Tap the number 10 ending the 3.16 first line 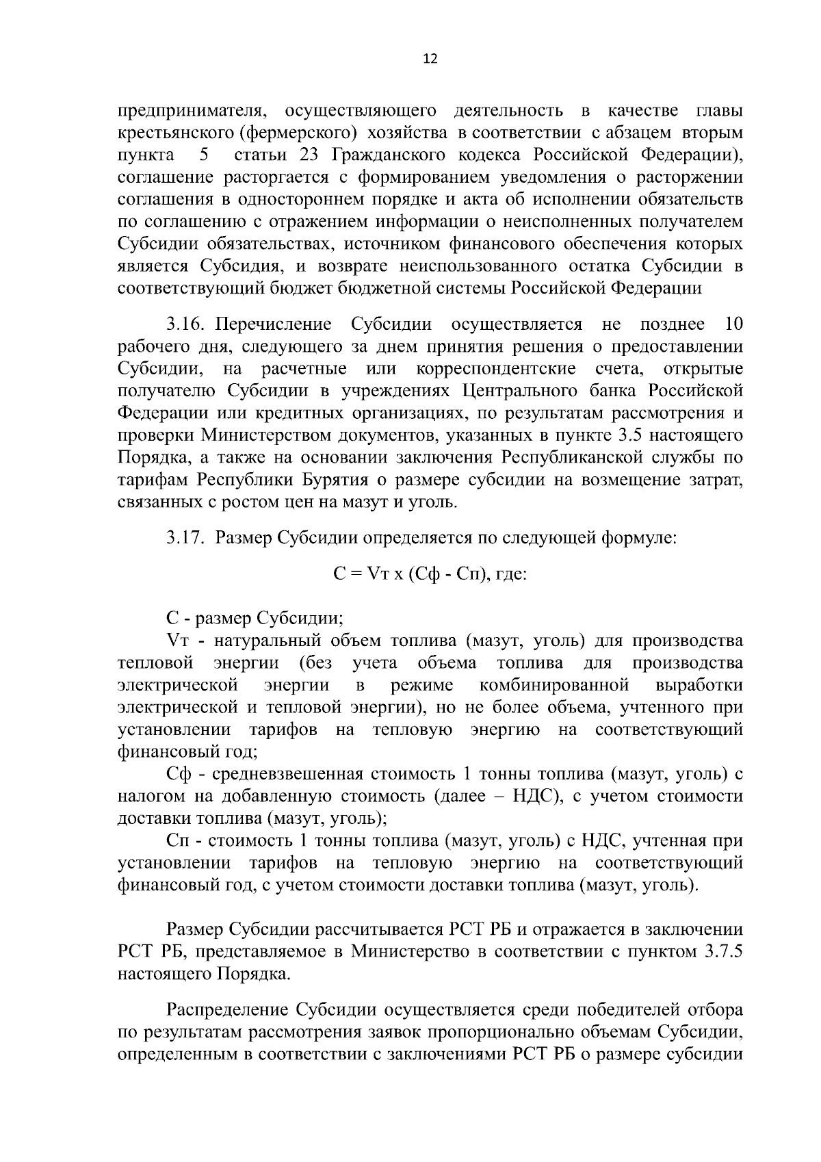pos(732,324)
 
